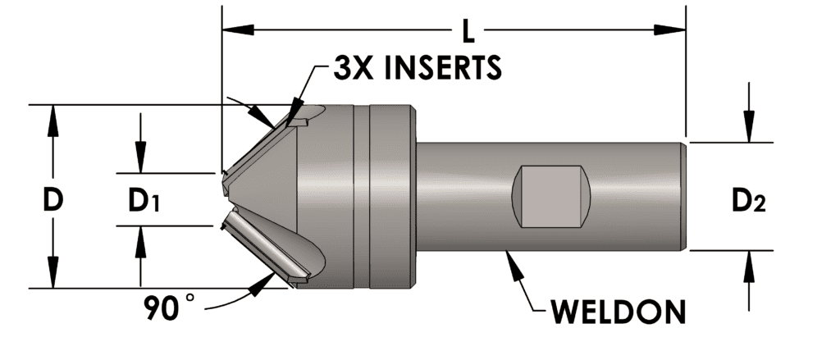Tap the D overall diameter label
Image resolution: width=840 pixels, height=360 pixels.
tap(53, 199)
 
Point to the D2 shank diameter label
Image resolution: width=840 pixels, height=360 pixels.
tap(747, 200)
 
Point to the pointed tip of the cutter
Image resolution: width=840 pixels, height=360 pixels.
tap(223, 196)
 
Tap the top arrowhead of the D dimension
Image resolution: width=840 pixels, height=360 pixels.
tap(53, 117)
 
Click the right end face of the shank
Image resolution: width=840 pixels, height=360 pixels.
tap(684, 196)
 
